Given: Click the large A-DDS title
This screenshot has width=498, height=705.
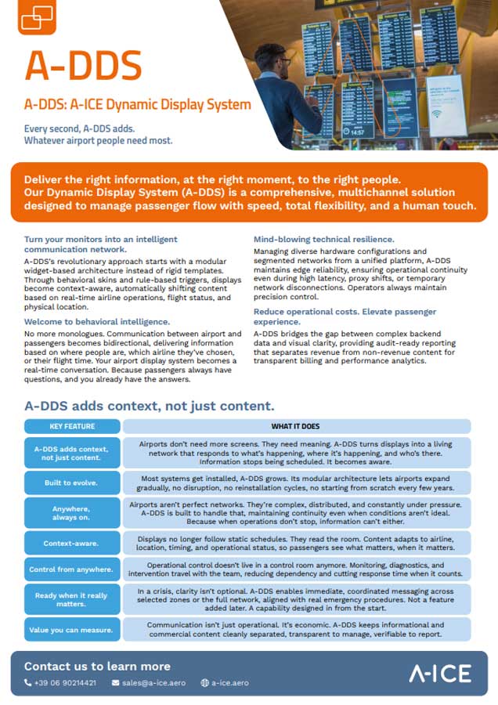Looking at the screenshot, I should (x=83, y=66).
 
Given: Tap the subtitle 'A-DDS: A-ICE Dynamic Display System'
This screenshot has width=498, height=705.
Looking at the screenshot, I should (x=137, y=105).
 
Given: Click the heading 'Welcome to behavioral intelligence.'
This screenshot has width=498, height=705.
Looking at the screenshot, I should (x=97, y=322).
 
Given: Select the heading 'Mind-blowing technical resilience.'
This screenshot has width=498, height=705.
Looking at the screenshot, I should (x=324, y=239).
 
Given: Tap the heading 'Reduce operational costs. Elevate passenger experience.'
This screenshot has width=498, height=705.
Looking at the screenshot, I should (x=345, y=316).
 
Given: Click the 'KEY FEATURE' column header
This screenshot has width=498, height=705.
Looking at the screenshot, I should (x=72, y=427).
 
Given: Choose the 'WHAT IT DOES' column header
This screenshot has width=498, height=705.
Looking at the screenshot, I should (x=295, y=427).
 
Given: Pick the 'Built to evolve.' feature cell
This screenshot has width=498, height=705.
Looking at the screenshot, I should (x=72, y=483).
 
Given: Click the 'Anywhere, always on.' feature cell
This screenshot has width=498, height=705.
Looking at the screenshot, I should (x=72, y=512).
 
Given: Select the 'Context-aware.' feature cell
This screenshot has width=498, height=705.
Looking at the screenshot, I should (x=72, y=543).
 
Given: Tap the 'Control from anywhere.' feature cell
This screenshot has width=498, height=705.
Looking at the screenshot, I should (x=72, y=569).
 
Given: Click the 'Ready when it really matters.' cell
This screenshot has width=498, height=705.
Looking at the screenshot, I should (x=72, y=600).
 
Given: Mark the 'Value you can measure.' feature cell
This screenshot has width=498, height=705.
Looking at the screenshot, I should (x=72, y=630).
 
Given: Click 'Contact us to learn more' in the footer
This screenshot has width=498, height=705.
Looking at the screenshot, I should (x=97, y=667).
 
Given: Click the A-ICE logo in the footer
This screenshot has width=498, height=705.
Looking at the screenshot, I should (x=440, y=673).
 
